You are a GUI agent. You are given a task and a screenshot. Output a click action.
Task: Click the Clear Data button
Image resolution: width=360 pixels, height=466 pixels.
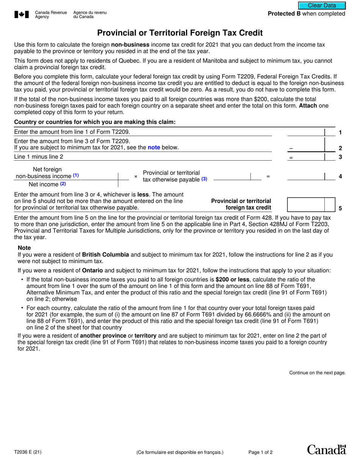322,6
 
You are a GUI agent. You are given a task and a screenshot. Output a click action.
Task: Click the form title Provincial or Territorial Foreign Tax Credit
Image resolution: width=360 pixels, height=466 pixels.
180,33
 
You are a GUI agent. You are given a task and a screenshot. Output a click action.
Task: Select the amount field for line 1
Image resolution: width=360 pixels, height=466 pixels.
306,132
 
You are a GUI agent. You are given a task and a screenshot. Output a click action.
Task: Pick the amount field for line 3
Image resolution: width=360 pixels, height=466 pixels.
306,157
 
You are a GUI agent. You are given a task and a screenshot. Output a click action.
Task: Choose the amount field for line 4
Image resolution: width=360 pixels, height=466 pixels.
306,176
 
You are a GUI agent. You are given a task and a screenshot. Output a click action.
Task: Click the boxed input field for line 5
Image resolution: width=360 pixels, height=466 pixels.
306,205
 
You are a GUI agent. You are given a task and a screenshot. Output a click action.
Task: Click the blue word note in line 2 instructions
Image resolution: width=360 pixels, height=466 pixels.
154,147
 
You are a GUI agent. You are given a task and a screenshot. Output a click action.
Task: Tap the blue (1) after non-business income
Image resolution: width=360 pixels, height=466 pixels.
76,176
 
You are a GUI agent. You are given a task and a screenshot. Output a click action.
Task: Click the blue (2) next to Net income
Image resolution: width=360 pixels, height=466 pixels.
63,184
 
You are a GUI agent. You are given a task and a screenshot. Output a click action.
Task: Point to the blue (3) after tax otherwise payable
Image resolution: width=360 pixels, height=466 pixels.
204,179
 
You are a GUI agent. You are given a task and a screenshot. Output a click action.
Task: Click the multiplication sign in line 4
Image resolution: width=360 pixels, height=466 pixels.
136,177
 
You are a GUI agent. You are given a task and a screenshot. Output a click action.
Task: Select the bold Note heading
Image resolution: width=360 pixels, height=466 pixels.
24,247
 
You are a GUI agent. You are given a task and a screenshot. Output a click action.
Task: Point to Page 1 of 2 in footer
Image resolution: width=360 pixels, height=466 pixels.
260,452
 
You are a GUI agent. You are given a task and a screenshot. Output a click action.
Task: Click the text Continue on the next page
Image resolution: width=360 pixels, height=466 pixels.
317,373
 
